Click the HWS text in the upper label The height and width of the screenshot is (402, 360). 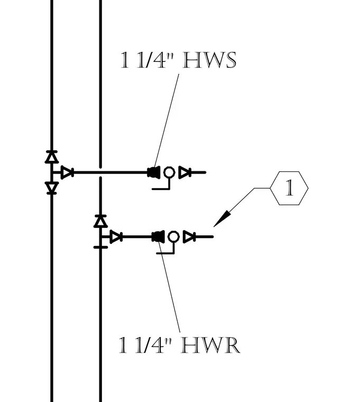click(x=209, y=60)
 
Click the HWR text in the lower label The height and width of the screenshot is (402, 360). click(x=210, y=345)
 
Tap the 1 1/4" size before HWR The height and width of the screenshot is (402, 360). click(x=145, y=345)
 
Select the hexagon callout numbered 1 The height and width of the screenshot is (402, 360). click(x=289, y=188)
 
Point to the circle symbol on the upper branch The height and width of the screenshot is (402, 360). click(x=169, y=172)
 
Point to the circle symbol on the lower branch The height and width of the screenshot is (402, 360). click(x=173, y=236)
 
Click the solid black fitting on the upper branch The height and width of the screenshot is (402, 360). click(x=154, y=172)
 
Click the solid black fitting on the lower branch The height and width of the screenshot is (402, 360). click(x=158, y=236)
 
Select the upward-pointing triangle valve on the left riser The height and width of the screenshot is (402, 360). click(x=52, y=157)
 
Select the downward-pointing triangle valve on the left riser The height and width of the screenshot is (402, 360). click(x=52, y=188)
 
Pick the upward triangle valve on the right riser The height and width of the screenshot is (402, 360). click(x=100, y=221)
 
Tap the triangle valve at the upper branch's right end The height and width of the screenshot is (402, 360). click(x=184, y=172)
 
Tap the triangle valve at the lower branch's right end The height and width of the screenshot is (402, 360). click(x=190, y=236)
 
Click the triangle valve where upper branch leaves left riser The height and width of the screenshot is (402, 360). click(x=67, y=172)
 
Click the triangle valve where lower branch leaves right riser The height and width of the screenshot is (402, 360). click(x=116, y=236)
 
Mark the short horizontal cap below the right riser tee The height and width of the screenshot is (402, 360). click(x=100, y=247)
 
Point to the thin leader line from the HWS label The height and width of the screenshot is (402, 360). click(x=167, y=121)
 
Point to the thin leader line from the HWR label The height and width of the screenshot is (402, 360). click(x=169, y=287)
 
